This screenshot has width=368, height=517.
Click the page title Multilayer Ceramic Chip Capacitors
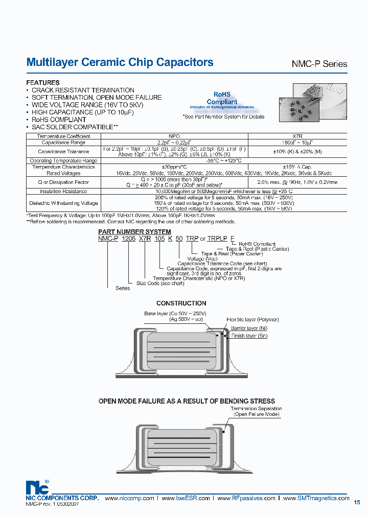(120, 62)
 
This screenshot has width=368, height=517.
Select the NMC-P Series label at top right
(319, 64)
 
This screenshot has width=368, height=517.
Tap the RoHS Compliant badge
(222, 98)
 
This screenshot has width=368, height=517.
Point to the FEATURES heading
(42, 83)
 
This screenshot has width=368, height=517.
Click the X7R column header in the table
(297, 136)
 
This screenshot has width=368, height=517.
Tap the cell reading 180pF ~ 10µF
(297, 143)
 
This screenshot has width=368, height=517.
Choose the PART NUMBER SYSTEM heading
(134, 232)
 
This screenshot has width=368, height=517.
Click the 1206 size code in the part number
(129, 239)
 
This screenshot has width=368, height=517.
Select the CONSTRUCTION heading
(181, 303)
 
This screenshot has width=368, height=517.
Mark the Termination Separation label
(256, 409)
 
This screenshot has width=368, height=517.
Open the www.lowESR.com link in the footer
(186, 498)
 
